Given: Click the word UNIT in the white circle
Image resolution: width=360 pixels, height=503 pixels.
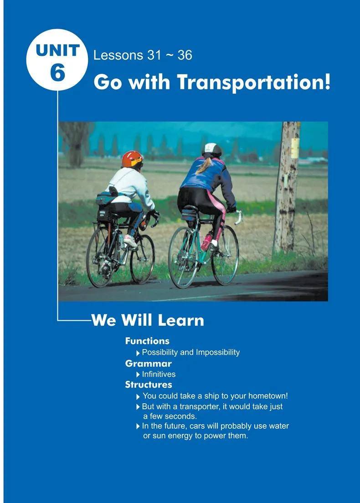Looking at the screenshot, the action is (58, 51).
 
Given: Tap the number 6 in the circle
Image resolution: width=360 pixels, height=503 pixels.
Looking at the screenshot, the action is (58, 72).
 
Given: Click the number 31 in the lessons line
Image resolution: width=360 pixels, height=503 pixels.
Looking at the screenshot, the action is (154, 55).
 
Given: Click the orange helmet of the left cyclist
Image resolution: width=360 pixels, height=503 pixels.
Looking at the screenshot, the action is (132, 159).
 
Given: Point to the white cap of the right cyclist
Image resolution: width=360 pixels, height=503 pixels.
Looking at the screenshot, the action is (211, 149).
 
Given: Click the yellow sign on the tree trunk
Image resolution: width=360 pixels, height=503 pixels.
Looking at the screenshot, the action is (294, 148).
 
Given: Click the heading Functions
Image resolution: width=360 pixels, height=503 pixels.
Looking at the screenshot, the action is (147, 341).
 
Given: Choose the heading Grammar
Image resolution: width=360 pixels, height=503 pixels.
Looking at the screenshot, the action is (148, 364).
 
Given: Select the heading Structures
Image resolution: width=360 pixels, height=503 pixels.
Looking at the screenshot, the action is (149, 384).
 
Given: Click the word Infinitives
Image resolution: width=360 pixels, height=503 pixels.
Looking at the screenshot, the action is (159, 374).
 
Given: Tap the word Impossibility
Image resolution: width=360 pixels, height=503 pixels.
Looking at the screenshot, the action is (218, 352).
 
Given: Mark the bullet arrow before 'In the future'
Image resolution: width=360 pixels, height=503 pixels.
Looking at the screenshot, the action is (138, 426).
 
